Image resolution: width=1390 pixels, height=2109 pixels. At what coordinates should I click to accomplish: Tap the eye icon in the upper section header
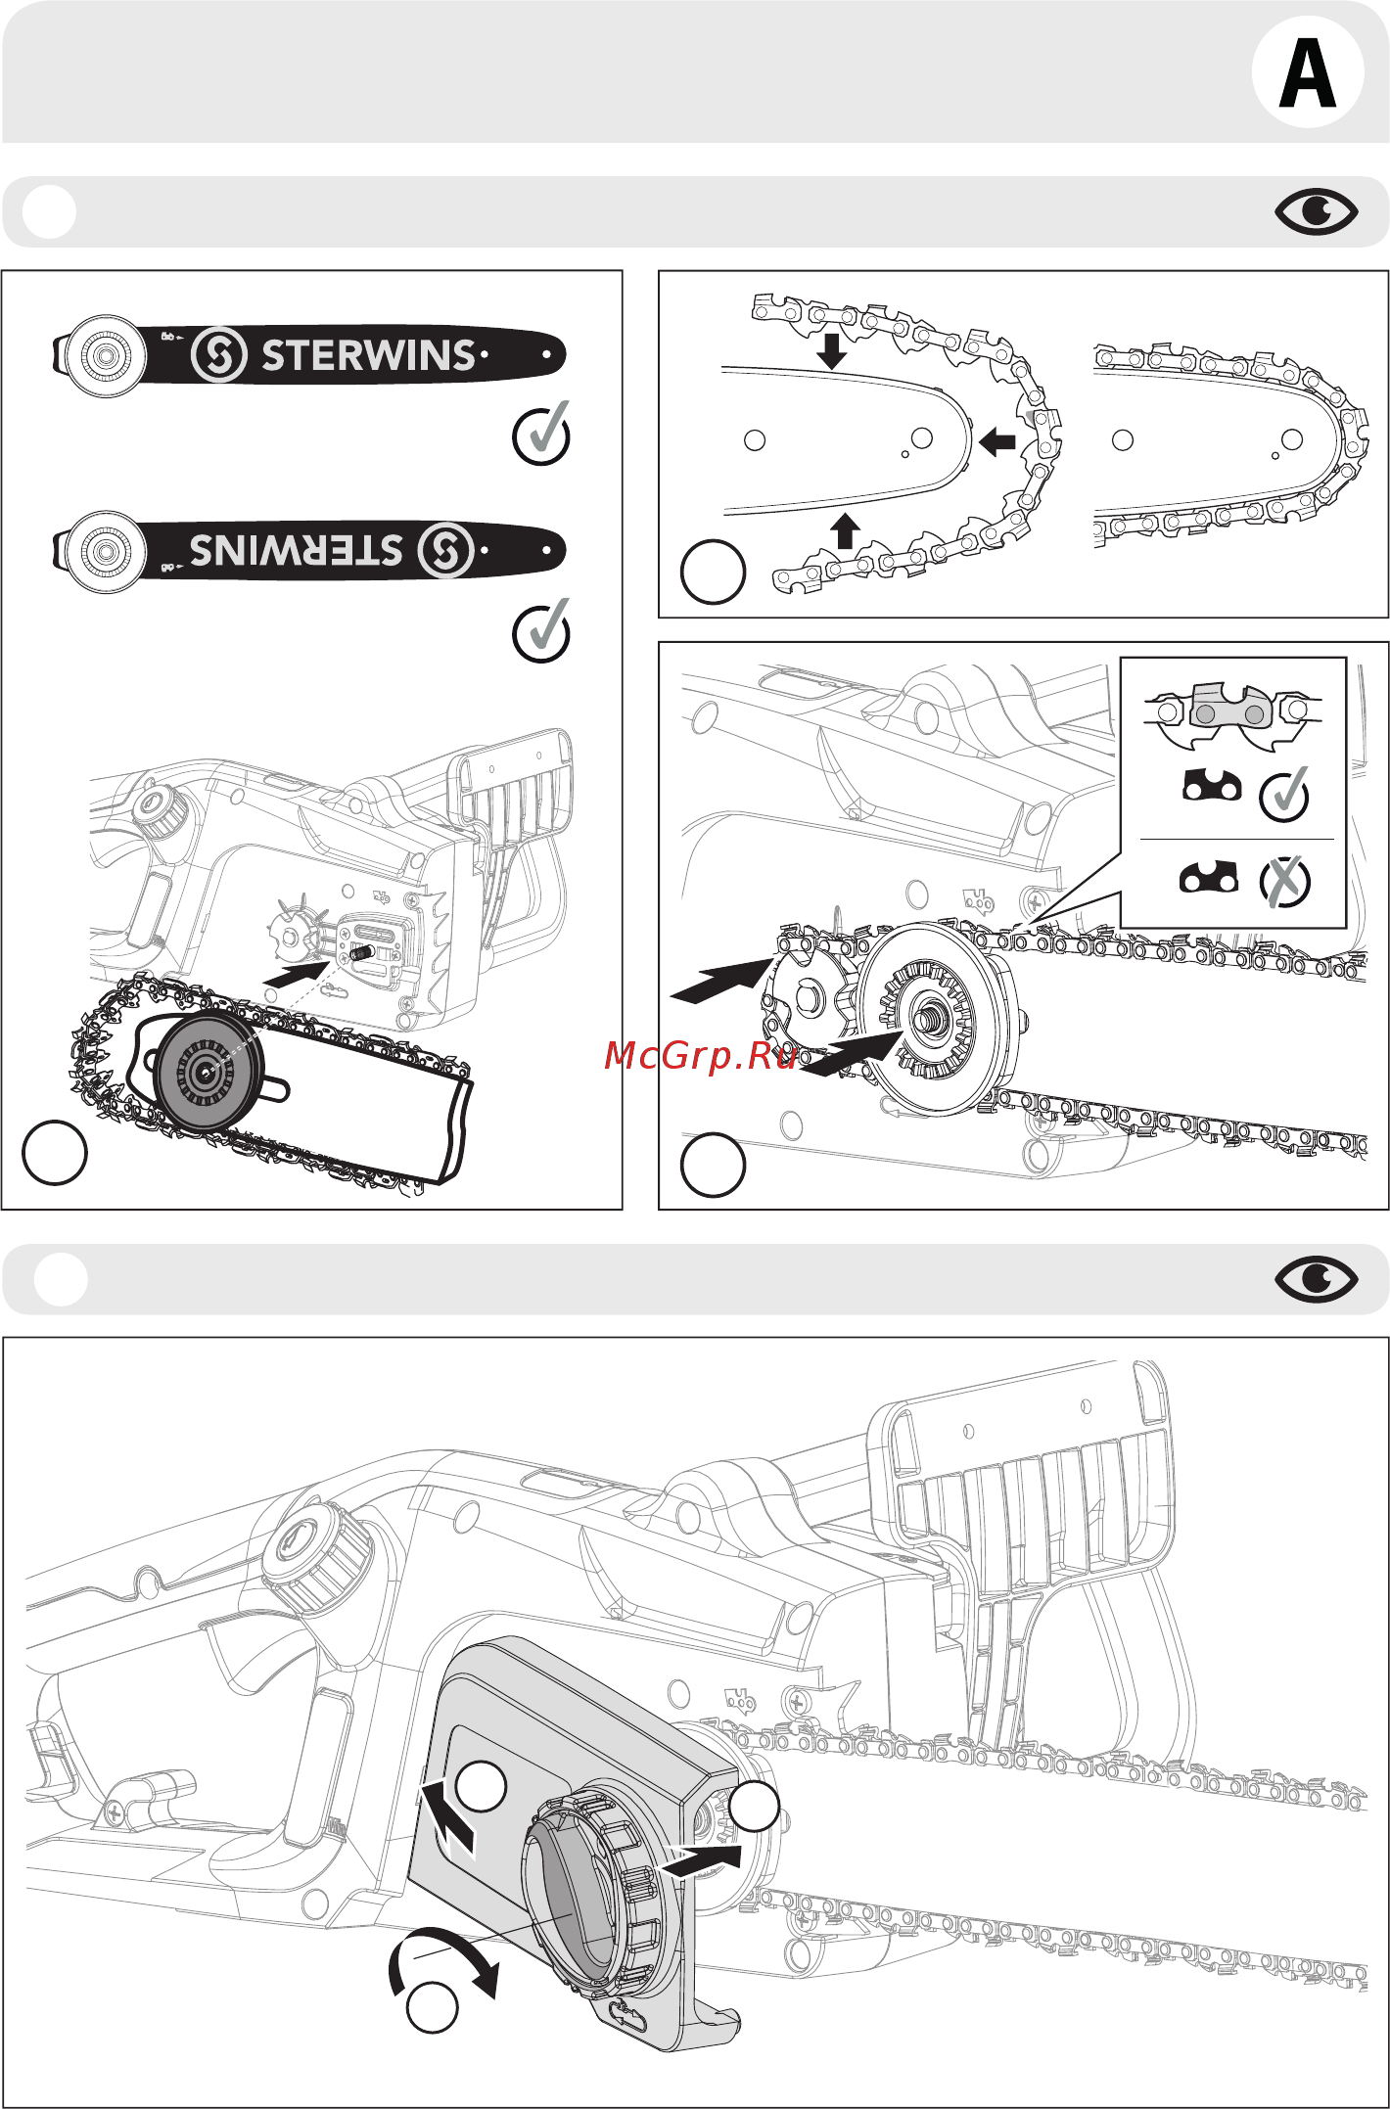click(x=1316, y=211)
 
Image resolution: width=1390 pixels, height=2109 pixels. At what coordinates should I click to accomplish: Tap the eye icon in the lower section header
click(x=1316, y=1279)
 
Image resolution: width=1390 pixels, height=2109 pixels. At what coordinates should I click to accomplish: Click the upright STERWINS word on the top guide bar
click(x=368, y=355)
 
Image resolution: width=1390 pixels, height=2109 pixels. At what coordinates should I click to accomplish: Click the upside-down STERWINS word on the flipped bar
click(x=296, y=550)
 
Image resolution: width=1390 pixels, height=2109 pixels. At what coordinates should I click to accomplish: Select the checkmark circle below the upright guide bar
click(x=541, y=435)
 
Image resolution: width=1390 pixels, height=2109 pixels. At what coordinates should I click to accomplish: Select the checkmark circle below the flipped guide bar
click(x=541, y=631)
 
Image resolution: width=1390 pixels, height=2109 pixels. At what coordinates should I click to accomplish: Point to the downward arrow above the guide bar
click(x=832, y=350)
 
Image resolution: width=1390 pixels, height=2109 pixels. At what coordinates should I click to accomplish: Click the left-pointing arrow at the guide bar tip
click(x=997, y=441)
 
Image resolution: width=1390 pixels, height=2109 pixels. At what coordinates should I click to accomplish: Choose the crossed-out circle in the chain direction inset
click(x=1284, y=881)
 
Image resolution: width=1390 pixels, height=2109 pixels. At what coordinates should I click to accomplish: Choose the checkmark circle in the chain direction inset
click(x=1284, y=795)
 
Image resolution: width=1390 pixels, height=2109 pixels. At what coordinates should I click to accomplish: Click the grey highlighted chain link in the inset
click(x=1230, y=708)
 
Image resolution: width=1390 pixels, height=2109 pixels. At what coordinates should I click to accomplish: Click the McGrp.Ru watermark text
click(x=700, y=1056)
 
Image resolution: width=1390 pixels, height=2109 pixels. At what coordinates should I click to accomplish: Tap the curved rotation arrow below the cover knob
click(x=445, y=1957)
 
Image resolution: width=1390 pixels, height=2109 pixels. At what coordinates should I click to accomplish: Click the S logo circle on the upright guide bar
click(x=218, y=354)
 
